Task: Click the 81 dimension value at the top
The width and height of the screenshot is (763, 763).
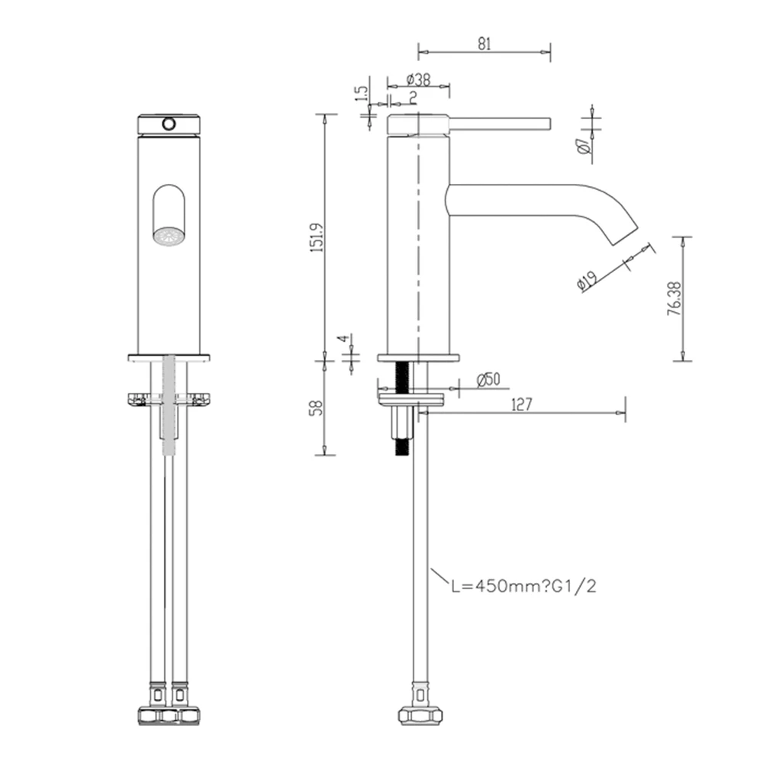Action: point(484,44)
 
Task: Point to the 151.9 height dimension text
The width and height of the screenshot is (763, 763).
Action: point(319,237)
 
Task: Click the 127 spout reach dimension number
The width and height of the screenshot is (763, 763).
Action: point(521,404)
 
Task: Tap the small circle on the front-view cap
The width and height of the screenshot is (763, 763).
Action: point(169,122)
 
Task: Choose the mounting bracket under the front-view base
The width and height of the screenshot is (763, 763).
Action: point(169,399)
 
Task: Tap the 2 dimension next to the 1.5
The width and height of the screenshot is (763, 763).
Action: point(412,96)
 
